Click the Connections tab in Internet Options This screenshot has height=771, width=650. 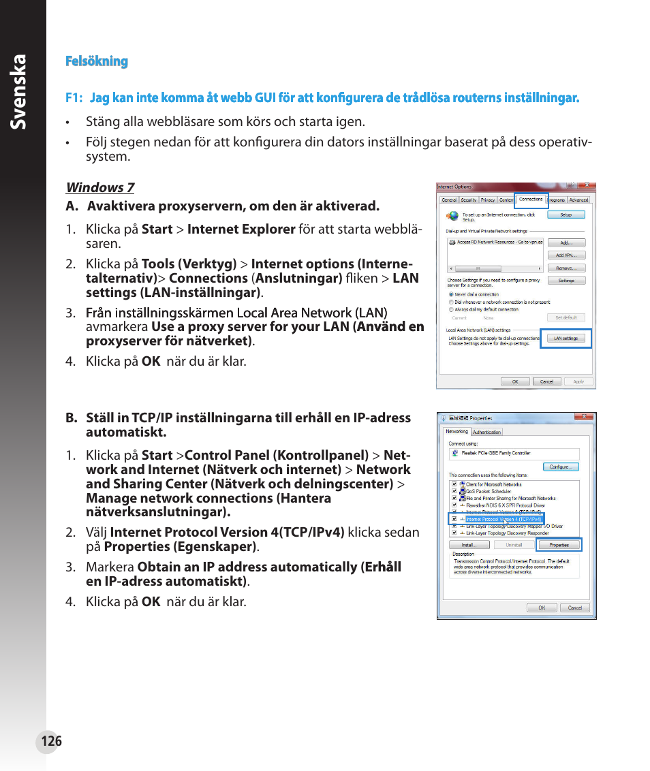click(531, 200)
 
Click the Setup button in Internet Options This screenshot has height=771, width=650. click(566, 215)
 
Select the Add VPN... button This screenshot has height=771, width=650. click(566, 255)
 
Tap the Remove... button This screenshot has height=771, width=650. click(566, 268)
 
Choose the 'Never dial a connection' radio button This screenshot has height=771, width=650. click(451, 295)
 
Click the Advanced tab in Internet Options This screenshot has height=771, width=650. click(578, 200)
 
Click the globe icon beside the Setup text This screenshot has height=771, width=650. click(452, 216)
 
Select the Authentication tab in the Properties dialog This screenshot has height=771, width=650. click(486, 432)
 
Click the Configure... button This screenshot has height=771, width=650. click(561, 467)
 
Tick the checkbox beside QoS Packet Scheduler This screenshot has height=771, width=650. click(454, 491)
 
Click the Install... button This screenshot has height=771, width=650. click(468, 545)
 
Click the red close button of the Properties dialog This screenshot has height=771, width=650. click(584, 417)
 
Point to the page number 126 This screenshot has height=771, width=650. click(50, 741)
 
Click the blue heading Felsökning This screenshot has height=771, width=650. click(97, 61)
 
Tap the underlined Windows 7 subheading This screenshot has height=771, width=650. click(99, 187)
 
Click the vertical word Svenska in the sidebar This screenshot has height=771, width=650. click(20, 92)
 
